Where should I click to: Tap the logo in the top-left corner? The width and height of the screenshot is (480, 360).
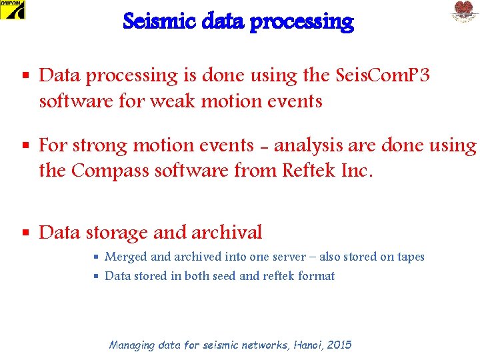click(13, 10)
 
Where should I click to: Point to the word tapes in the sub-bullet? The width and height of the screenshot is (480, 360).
click(408, 257)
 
